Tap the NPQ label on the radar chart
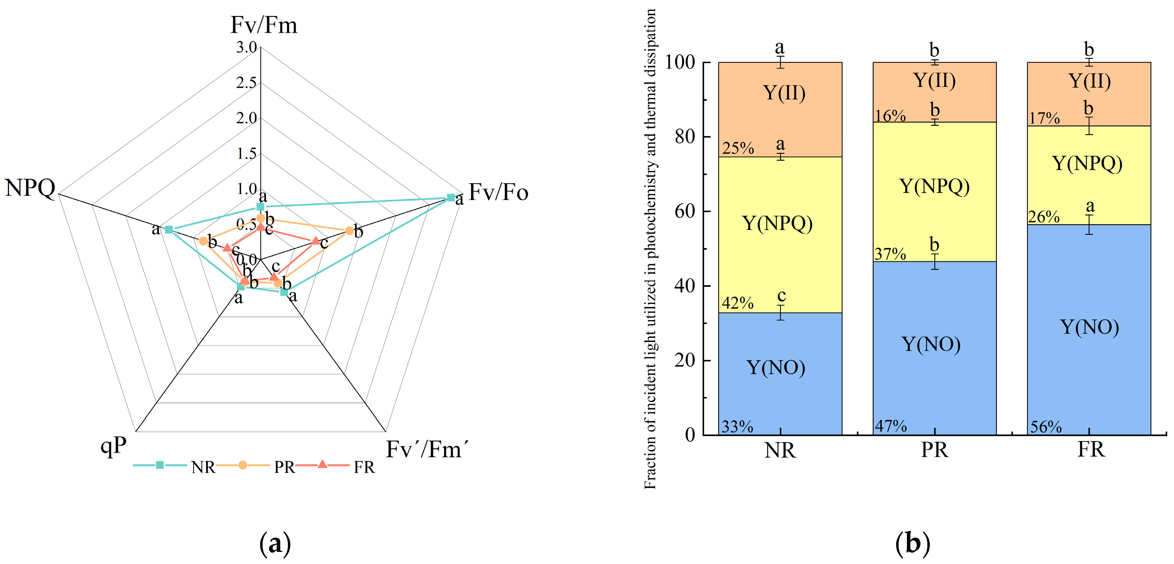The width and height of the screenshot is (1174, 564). coord(30,187)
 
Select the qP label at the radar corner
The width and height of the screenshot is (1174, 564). coord(113,446)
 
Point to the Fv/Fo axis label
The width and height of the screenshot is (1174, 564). coord(498,192)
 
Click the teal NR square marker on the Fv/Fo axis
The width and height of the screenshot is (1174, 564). coord(450,197)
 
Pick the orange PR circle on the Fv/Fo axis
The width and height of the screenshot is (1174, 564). coord(348,231)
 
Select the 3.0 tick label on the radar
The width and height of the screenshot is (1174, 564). coord(246,47)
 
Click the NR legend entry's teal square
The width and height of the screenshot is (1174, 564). coord(159,465)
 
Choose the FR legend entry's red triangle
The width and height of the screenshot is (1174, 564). coord(322,465)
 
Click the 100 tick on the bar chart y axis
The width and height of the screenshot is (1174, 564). coord(680,62)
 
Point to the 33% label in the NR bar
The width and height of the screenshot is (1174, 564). coord(737,427)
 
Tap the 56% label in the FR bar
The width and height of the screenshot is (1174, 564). coord(1046,427)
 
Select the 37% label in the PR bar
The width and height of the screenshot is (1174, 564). coord(890,254)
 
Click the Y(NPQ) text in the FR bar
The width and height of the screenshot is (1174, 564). coord(1087,163)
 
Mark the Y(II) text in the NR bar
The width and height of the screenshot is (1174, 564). coord(784,93)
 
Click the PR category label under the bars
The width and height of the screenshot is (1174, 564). coord(934,450)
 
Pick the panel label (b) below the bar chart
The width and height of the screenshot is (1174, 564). coord(912,544)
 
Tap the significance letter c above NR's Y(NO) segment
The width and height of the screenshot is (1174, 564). coord(781,296)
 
